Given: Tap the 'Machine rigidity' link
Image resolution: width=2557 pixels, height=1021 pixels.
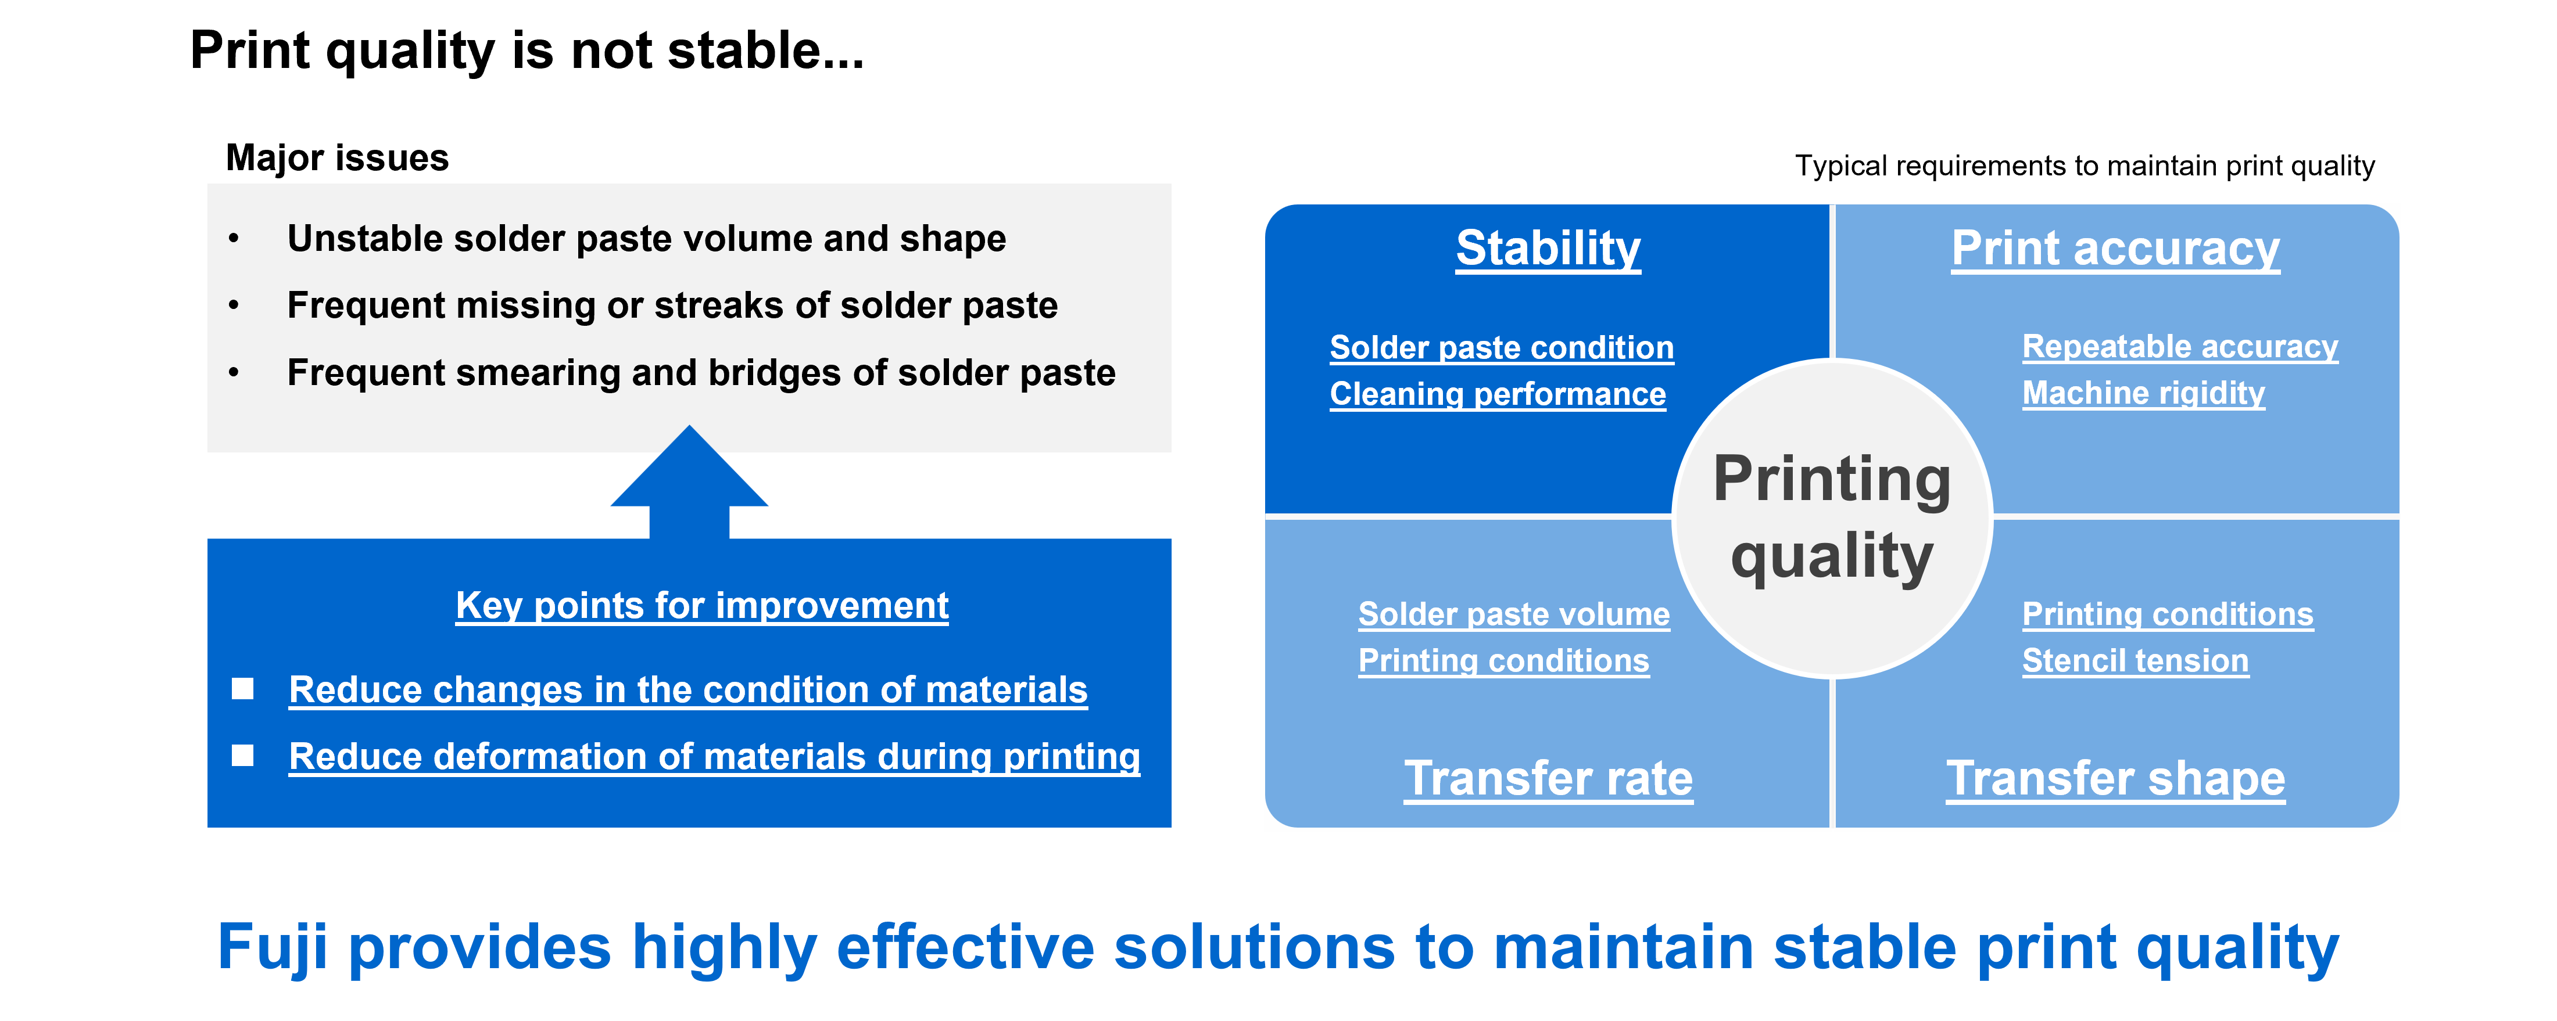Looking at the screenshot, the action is coord(2144,393).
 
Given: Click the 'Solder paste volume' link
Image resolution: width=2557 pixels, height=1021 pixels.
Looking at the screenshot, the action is coord(1514,614).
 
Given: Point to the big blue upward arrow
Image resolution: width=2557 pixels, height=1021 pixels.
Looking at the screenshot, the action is coord(689,483).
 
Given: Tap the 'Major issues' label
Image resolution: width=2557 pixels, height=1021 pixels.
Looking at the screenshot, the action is coord(338,158).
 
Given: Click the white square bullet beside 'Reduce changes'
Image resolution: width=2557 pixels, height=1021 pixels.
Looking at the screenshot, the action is coord(242,689).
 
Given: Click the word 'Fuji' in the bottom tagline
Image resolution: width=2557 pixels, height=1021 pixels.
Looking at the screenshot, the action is coord(272,948).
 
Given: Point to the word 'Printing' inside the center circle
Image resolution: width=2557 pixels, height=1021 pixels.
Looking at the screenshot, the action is coord(1832,480).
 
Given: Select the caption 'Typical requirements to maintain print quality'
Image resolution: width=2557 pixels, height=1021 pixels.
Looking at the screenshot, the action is coord(2085,166).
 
